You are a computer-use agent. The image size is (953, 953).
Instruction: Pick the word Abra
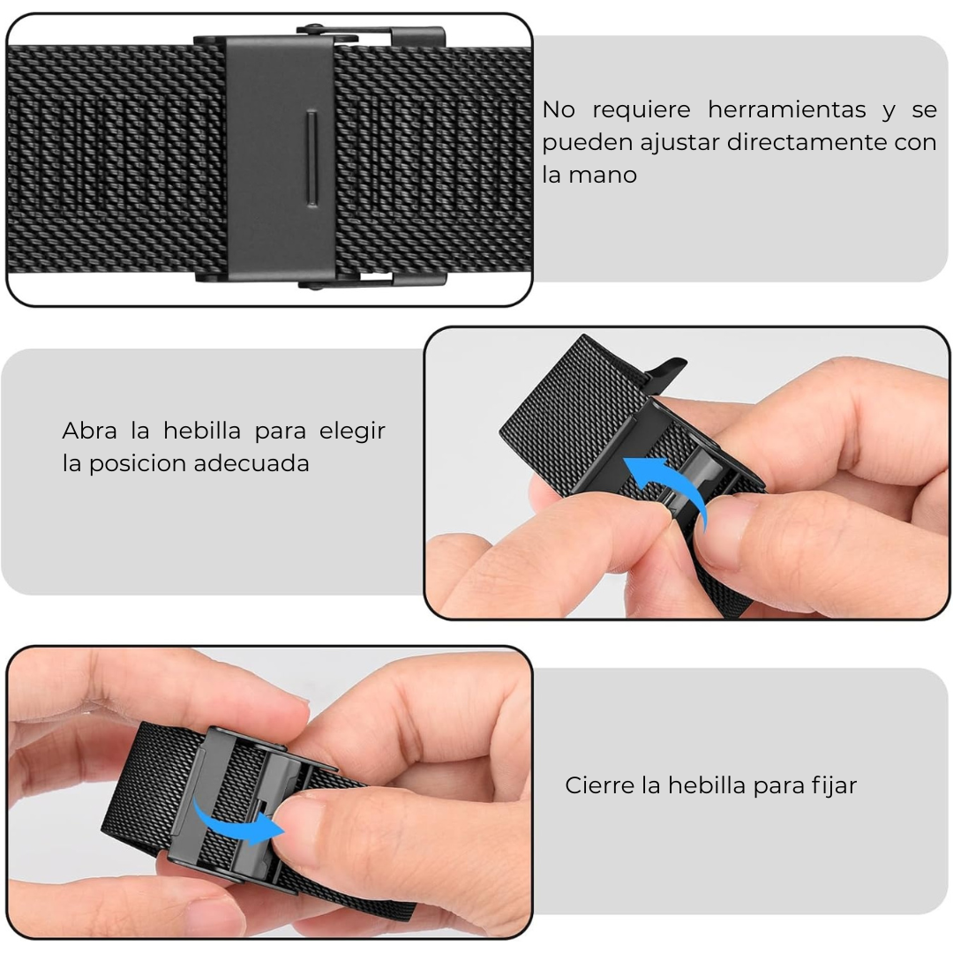(x=87, y=431)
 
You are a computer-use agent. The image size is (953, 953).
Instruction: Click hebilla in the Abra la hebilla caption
(x=202, y=431)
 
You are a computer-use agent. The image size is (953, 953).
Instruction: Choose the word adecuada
(x=256, y=463)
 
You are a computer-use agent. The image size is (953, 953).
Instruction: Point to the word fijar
(x=834, y=785)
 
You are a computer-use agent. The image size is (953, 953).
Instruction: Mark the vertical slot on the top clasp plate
(x=311, y=159)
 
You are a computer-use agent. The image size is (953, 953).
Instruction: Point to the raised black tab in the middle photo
(x=666, y=368)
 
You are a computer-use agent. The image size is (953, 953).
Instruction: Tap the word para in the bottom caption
(x=778, y=785)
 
